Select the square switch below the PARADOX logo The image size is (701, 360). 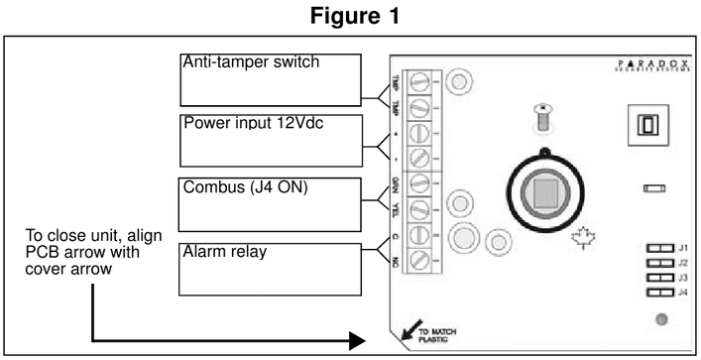[644, 126]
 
